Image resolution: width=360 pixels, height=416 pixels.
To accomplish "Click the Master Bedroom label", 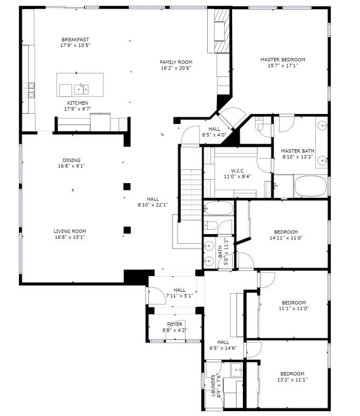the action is tap(283, 59).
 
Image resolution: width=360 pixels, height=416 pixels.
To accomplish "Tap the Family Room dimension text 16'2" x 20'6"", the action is tap(176, 68).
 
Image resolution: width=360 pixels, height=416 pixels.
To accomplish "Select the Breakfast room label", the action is tap(75, 39).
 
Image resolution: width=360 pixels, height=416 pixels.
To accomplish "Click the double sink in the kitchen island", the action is tap(81, 89).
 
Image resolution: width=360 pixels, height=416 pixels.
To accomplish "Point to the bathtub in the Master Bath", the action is tap(310, 186).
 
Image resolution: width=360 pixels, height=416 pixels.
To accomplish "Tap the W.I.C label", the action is tap(237, 171).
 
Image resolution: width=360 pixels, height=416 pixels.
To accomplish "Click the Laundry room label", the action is tap(213, 385).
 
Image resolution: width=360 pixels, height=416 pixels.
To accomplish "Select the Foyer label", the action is tap(175, 324).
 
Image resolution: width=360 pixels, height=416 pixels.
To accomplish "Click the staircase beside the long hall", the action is tap(191, 196).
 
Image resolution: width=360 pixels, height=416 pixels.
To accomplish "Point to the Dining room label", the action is tap(71, 160).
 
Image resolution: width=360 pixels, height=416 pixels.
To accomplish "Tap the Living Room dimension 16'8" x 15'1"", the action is tap(70, 237).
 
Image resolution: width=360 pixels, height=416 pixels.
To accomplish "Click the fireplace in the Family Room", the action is tap(220, 31).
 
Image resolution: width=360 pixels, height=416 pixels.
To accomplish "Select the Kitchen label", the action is tap(77, 103).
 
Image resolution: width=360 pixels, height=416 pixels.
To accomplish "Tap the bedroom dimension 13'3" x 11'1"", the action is tap(292, 380).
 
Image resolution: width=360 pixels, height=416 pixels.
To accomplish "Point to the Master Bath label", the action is tap(297, 151).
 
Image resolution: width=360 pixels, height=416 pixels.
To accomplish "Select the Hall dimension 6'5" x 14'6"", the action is tap(223, 348).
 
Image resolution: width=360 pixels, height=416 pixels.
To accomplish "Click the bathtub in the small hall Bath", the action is tap(218, 209).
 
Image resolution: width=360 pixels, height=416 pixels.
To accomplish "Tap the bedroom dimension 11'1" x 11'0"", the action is tap(294, 308).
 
